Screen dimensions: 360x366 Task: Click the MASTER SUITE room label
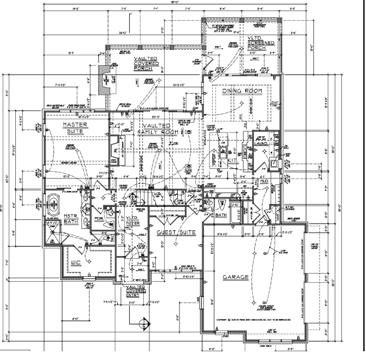tap(65, 128)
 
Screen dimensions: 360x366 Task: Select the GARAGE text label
tap(235, 277)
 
